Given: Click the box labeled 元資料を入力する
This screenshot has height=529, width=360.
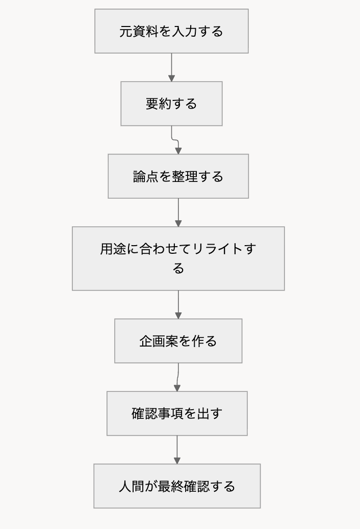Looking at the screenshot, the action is coord(171,31).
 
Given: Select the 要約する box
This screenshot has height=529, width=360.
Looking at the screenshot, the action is coord(171,103).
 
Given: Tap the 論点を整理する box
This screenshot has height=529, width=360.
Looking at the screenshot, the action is coord(178,176).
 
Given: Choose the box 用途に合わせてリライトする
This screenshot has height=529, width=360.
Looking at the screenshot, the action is coord(178,258).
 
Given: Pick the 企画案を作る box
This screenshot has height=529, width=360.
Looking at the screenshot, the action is coord(178,341).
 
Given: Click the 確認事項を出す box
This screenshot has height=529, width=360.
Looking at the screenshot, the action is coord(177,413).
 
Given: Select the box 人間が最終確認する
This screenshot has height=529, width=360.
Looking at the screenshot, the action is coord(177,486).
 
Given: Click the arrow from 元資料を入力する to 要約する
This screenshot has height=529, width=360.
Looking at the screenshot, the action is coord(171,67).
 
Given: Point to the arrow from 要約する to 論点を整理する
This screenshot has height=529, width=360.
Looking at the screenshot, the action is coord(175,140).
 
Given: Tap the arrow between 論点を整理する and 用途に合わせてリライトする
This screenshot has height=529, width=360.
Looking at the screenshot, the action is coord(178,213).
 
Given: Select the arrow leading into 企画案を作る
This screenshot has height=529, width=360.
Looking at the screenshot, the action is coord(178,305).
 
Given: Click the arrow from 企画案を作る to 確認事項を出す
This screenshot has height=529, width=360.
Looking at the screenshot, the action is coord(177,377).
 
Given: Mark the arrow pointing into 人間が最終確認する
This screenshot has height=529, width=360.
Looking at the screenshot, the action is coord(177,449).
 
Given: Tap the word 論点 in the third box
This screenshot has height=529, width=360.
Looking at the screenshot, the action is coord(146,176).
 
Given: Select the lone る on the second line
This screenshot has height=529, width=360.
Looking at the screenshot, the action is coord(178,269).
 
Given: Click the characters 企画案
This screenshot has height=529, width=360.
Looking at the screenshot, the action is coord(159,341).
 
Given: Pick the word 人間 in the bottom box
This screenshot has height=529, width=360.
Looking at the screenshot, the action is coord(132,486).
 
